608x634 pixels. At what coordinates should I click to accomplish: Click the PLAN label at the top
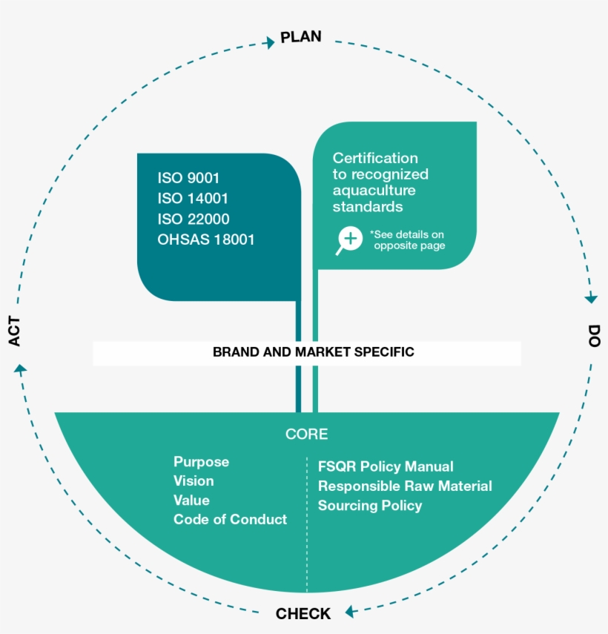tap(301, 37)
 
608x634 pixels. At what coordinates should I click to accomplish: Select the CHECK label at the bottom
tap(303, 613)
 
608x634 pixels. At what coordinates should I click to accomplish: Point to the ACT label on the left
tap(15, 331)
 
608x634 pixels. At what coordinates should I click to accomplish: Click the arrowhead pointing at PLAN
tap(269, 43)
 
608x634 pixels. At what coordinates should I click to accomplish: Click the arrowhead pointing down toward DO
tap(590, 298)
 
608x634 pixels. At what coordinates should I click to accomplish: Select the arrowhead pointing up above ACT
tap(21, 368)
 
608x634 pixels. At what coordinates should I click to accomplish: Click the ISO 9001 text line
tap(188, 178)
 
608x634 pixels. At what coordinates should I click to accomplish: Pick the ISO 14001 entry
tap(192, 199)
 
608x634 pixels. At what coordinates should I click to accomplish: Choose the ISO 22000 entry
tap(193, 219)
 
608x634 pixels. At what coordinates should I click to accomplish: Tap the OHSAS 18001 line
tap(205, 240)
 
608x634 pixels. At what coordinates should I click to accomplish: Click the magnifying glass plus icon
tap(349, 240)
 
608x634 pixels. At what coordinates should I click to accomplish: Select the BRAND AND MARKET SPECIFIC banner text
tap(313, 352)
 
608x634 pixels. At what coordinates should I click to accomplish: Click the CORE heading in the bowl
tap(306, 435)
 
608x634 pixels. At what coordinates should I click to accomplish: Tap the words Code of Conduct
tap(230, 519)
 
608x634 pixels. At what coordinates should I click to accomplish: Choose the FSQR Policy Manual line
tap(386, 466)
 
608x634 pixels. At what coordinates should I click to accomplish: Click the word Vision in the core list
tap(194, 481)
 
